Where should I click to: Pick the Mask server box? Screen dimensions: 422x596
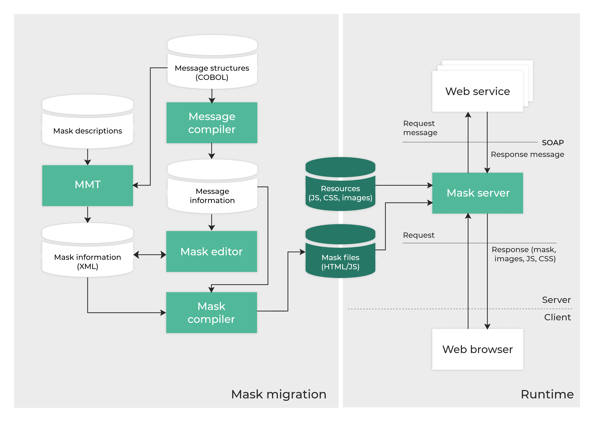coord(477,193)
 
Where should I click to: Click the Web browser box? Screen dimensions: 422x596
coord(477,349)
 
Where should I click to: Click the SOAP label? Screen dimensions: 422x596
coord(553,143)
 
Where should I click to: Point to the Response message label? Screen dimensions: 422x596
coord(527,154)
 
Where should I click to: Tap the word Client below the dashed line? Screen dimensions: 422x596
coord(557,317)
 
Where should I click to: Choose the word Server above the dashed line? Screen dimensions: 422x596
coord(556,300)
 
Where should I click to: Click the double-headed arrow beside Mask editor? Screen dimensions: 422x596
coord(150,255)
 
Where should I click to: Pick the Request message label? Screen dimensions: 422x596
coord(420,128)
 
